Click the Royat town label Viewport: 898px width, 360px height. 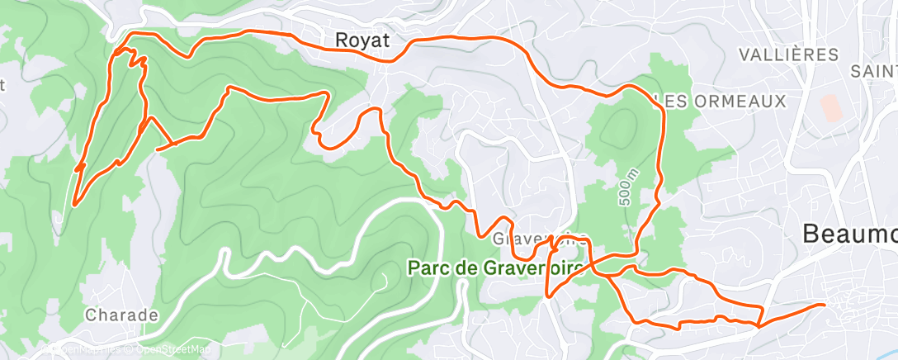[363, 40]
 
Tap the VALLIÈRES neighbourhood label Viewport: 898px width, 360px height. [789, 55]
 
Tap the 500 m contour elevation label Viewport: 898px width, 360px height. [626, 189]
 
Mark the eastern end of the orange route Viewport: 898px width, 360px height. [824, 305]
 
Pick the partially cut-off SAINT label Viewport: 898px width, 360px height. [874, 73]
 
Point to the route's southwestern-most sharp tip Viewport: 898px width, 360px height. [73, 204]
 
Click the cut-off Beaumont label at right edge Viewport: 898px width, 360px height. [851, 235]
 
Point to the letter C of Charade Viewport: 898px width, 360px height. [90, 315]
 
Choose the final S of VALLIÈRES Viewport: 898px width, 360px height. [834, 55]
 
